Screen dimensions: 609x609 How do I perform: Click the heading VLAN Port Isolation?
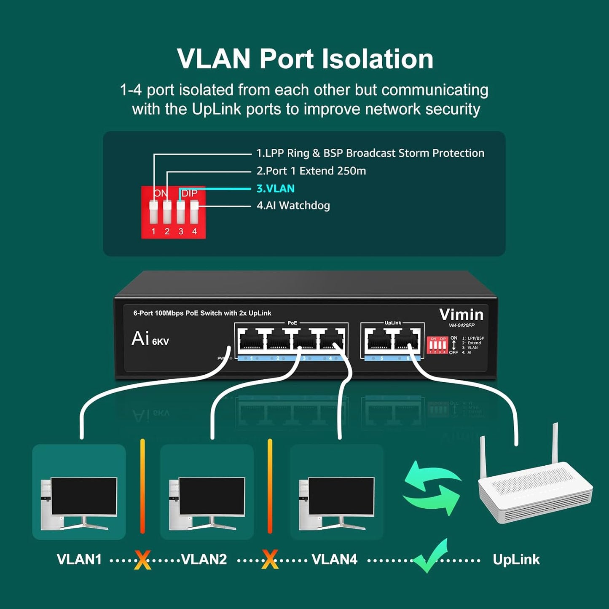coord(305,59)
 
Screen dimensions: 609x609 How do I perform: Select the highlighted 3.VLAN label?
coord(275,188)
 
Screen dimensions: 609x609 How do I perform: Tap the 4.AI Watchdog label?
coord(293,206)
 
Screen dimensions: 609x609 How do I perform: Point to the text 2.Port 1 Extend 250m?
coord(311,171)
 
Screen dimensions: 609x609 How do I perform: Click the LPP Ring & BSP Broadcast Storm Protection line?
coord(370,153)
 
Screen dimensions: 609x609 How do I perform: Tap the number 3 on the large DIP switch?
coord(181,231)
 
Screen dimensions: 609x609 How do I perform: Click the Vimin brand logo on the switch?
coord(461,314)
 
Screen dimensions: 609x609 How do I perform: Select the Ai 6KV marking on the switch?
coord(150,339)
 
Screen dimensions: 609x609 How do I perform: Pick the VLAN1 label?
coord(79,559)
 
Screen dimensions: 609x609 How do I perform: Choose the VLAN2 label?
coord(204,559)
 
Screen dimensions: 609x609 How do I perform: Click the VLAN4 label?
coord(334,559)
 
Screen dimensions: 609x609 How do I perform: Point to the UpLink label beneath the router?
coord(516,559)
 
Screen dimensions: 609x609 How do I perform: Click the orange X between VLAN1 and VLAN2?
coord(142,560)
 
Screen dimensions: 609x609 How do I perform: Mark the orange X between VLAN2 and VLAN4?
coord(270,560)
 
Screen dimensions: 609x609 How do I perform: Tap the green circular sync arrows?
coord(432,488)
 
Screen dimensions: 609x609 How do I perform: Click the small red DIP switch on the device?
coord(437,345)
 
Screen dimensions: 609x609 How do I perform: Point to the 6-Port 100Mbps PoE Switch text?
coord(202,313)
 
